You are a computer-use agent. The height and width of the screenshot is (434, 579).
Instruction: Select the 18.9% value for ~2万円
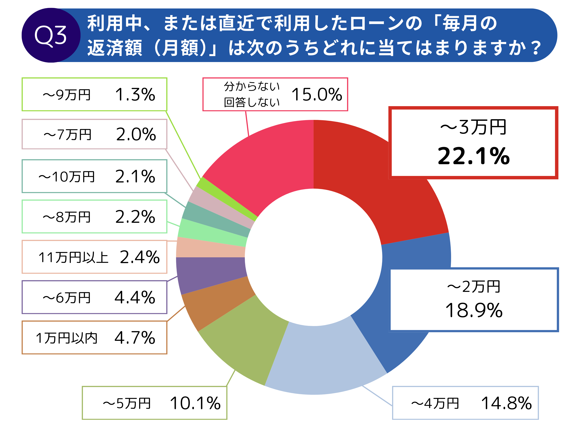pos(474,310)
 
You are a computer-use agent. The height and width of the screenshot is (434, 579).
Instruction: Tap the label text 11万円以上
pos(73,258)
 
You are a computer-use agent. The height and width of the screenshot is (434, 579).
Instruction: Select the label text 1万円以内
pos(67,338)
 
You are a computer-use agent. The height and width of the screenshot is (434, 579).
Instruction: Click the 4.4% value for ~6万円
pos(135,297)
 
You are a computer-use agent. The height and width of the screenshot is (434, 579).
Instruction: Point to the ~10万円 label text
pos(67,177)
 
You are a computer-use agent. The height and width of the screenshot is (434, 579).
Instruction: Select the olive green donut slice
pos(243,340)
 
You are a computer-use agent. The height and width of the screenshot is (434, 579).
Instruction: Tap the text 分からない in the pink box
pos(252,86)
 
